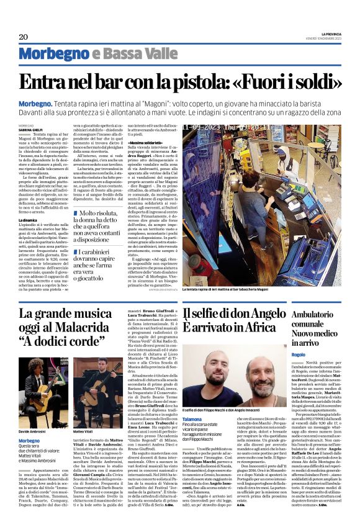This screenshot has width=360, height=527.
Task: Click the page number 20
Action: (x=24, y=37)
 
